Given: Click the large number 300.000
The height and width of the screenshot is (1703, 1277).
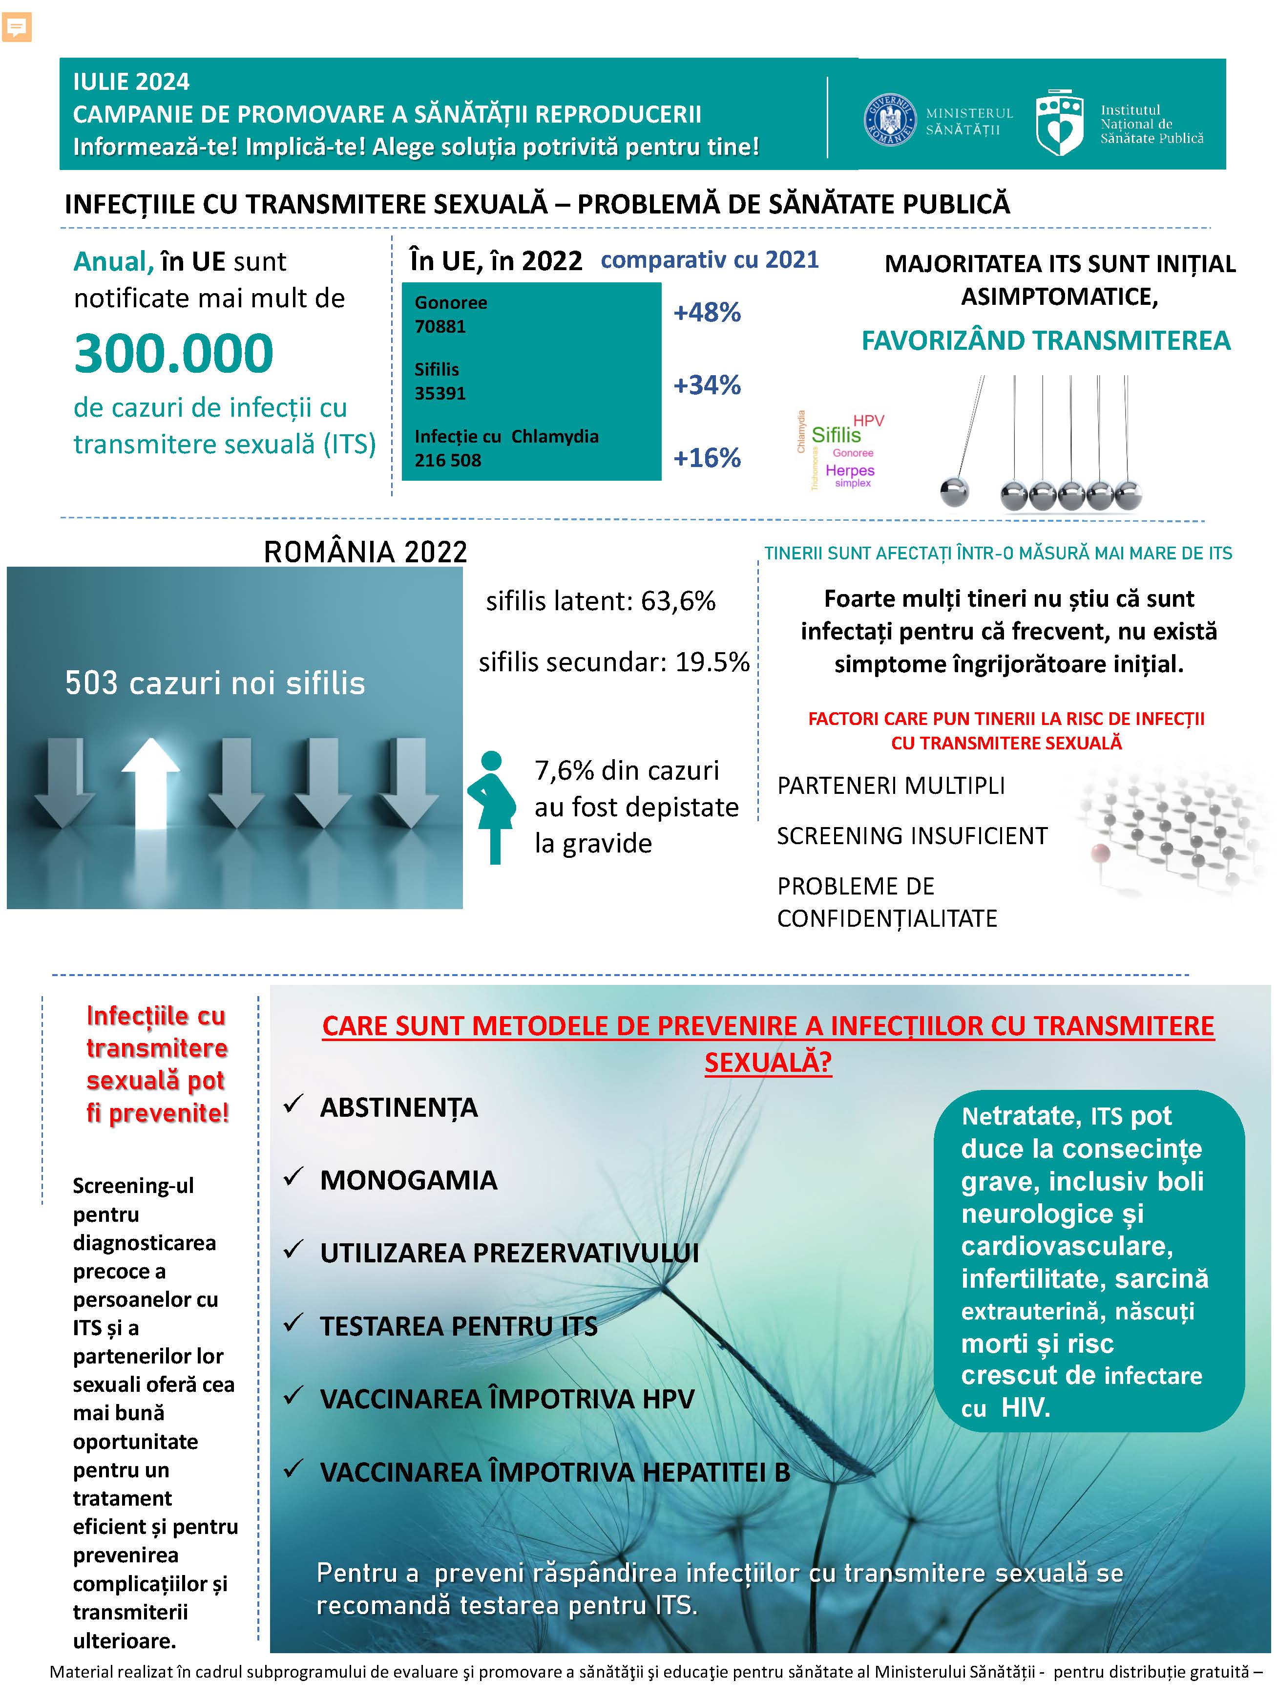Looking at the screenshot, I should coord(174,353).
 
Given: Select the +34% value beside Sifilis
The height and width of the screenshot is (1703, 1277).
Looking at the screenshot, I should coord(707,385).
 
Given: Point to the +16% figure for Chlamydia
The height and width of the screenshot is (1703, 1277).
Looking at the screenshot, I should coord(707,458).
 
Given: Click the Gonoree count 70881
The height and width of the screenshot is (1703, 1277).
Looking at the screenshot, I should coord(440,326).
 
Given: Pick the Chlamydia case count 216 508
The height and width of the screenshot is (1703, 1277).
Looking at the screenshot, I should coord(448,460).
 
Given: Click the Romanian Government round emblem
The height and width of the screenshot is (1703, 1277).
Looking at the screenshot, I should coord(889,120).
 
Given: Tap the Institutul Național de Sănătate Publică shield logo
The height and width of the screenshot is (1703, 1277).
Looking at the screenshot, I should coord(1059,123).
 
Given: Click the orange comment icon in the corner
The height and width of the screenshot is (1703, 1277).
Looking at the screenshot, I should coord(16,27).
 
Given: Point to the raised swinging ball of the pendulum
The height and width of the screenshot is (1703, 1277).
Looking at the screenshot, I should coord(955,491).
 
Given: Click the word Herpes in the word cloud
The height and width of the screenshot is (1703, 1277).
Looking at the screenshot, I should coord(850,469).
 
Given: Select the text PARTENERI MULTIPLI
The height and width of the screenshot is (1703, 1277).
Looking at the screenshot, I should coord(891,785).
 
